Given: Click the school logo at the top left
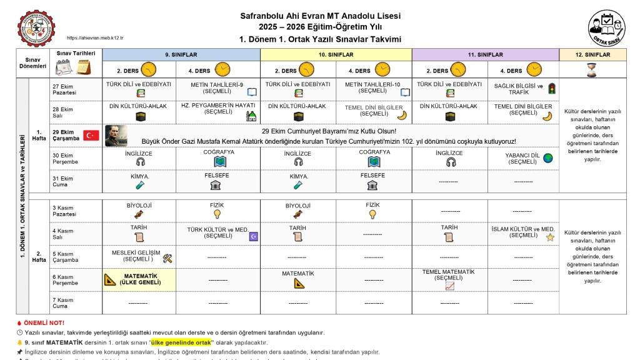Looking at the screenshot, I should point(36,27).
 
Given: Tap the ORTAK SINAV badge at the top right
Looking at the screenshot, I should point(605,28).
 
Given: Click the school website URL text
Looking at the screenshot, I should point(94,38).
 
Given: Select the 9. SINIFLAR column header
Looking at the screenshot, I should point(181,55).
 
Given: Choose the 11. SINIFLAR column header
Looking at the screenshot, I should point(485,55).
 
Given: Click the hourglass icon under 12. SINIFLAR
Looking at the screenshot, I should point(592,70).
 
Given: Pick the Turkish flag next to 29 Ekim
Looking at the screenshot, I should point(91,135).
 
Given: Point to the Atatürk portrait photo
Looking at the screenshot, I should point(116,135).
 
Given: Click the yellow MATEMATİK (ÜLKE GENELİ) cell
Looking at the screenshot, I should point(139,279).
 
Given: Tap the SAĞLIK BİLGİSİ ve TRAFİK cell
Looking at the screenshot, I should point(519,88).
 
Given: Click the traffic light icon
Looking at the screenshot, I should point(551,88).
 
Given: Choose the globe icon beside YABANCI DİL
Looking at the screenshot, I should point(548,158).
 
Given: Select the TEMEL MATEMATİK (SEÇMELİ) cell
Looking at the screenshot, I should point(449,279).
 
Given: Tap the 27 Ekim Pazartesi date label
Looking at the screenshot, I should point(64,89).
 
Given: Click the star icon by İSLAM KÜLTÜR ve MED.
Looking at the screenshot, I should point(550,237).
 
